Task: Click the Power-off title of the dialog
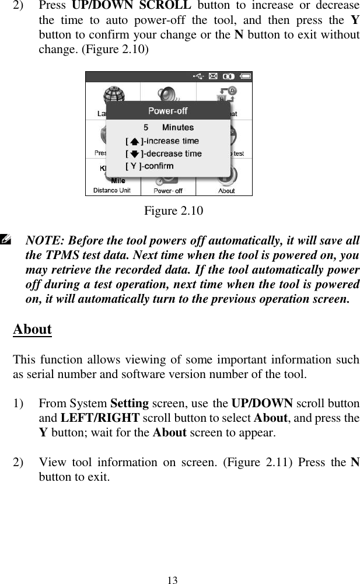(x=167, y=110)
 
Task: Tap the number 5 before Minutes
(x=146, y=127)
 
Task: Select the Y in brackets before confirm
(x=134, y=166)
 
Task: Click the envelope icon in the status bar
(x=213, y=75)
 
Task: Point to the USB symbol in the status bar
(x=198, y=75)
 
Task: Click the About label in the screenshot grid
(x=226, y=191)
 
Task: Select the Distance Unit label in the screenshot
(x=112, y=190)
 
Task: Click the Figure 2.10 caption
(x=173, y=210)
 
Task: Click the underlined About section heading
(x=32, y=329)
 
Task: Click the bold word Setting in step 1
(x=128, y=404)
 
